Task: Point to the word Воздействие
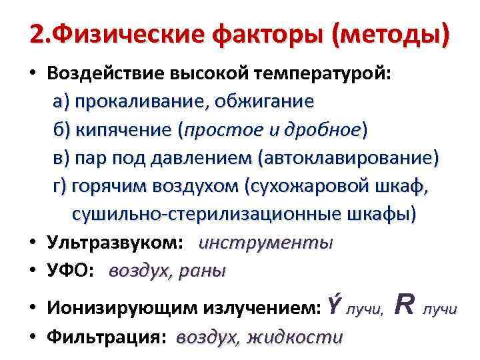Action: tap(105, 74)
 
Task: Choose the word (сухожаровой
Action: tap(304, 186)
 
